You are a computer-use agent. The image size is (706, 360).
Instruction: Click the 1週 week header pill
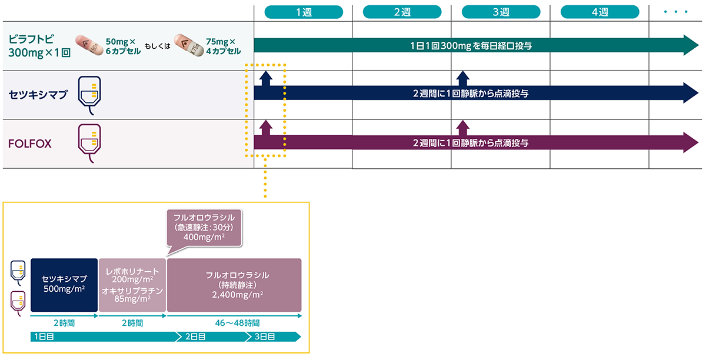pos(304,12)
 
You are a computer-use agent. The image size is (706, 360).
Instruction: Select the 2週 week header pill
pos(402,12)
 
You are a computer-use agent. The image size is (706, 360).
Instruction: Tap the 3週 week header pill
pos(501,12)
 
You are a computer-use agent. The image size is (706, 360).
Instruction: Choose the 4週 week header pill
pos(600,12)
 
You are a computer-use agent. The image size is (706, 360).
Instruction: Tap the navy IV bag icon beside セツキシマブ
pos(89,94)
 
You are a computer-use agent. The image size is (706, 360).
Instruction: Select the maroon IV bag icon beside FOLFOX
pos(89,142)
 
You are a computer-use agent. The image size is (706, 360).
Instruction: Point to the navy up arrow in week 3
pos(463,78)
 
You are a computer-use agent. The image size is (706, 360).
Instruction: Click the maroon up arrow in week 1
pos(265,126)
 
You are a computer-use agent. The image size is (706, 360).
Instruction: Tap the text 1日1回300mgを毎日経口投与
pos(471,45)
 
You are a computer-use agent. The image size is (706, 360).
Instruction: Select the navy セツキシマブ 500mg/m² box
pos(64,285)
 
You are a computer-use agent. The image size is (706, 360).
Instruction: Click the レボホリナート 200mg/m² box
pos(132,285)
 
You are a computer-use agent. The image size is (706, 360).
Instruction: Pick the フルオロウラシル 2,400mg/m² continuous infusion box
pos(234,285)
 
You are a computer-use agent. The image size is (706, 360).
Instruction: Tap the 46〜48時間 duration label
pos(235,323)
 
